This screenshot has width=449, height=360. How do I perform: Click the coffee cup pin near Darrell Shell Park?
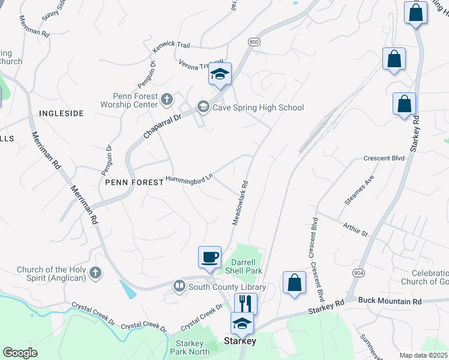click(x=210, y=257)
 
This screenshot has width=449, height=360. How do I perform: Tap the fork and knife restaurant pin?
click(x=246, y=303)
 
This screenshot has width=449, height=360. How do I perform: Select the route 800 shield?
click(x=255, y=42)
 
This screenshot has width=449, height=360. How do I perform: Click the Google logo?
click(x=20, y=352)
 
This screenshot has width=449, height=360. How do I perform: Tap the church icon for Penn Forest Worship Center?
click(x=167, y=97)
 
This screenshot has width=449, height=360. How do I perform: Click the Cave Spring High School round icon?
click(x=203, y=108)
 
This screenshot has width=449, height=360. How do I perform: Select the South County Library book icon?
click(x=179, y=287)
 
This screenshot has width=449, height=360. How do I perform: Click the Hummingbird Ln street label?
click(x=190, y=180)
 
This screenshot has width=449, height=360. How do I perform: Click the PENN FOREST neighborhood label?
click(x=133, y=182)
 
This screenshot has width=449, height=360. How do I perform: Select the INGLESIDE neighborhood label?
click(x=61, y=113)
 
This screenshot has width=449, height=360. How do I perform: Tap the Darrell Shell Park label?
click(x=244, y=266)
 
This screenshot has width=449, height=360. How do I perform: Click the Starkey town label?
click(x=240, y=341)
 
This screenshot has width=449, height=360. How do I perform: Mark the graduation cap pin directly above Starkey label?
click(x=243, y=323)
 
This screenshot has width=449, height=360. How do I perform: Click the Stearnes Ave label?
click(x=359, y=190)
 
